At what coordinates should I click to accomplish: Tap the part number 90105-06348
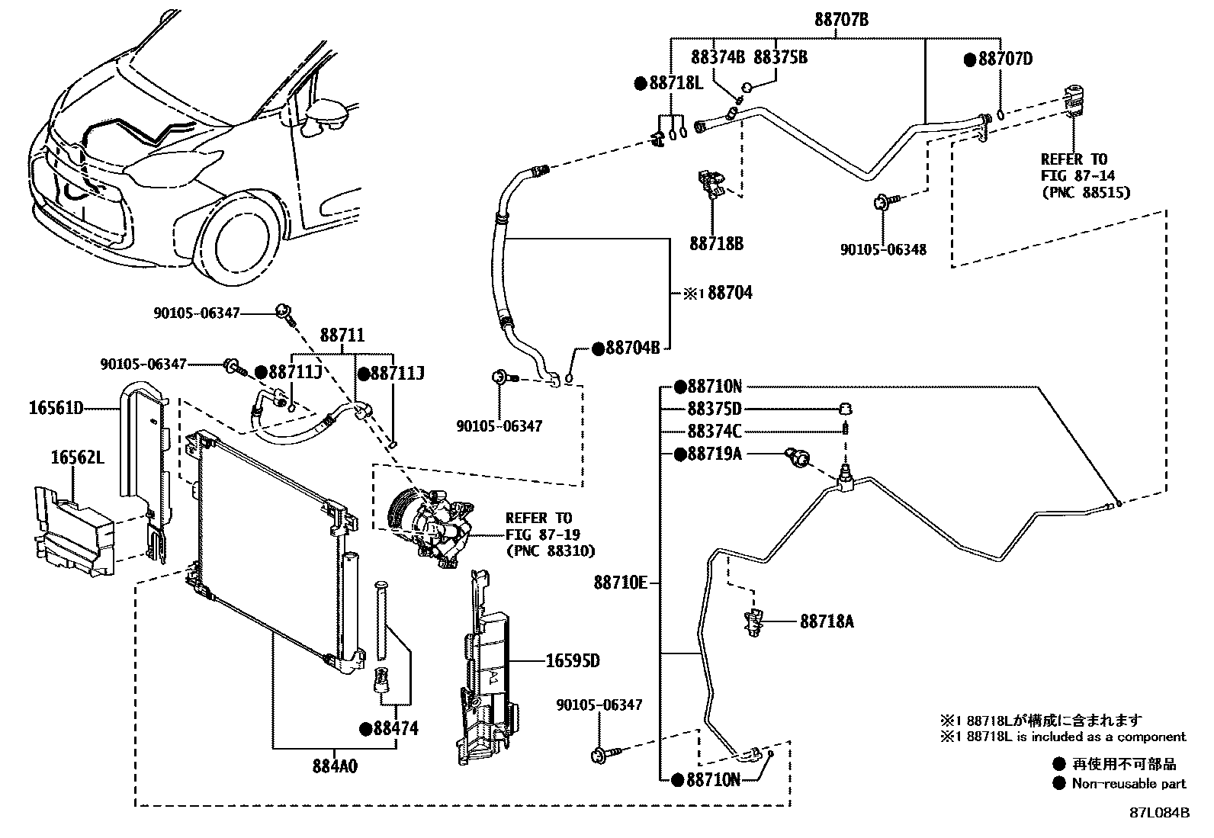tap(883, 249)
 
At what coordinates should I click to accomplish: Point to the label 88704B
tap(632, 348)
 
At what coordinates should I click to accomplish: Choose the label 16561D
tap(56, 408)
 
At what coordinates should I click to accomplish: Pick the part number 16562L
tap(78, 458)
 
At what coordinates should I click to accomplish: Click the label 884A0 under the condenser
tap(334, 766)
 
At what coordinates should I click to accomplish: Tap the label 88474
tap(396, 728)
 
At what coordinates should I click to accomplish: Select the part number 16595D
tap(573, 660)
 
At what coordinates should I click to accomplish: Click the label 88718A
tap(826, 622)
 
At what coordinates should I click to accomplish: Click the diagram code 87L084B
tap(1159, 813)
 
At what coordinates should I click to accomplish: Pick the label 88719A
tap(714, 454)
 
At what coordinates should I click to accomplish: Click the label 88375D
tap(714, 409)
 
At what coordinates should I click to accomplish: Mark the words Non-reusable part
tap(1129, 783)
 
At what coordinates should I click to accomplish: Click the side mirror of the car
tap(328, 114)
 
